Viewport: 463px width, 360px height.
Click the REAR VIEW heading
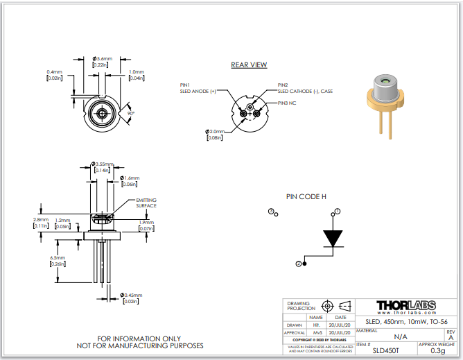tap(249, 65)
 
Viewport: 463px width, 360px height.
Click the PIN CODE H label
tap(306, 196)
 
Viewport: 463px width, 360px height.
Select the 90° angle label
tap(130, 112)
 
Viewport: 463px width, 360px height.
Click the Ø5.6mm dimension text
tap(103, 59)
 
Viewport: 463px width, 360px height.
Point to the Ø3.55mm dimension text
tap(103, 164)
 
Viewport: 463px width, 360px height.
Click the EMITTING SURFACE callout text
tap(146, 203)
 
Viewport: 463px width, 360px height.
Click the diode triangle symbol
tap(335, 238)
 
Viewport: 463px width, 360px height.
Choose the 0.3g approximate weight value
tap(438, 350)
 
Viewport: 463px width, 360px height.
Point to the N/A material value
tap(401, 336)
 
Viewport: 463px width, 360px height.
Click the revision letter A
tap(451, 336)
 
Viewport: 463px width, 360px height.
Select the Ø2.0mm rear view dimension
tap(215, 131)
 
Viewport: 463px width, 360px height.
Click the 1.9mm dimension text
tap(146, 222)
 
